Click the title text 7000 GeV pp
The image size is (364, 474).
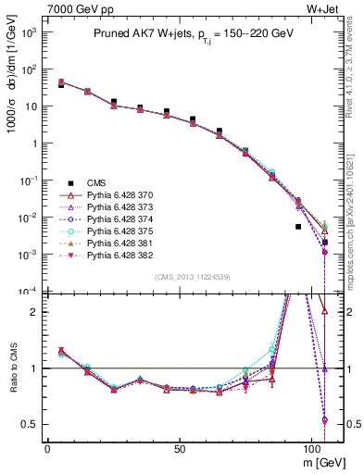pyautogui.click(x=73, y=9)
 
